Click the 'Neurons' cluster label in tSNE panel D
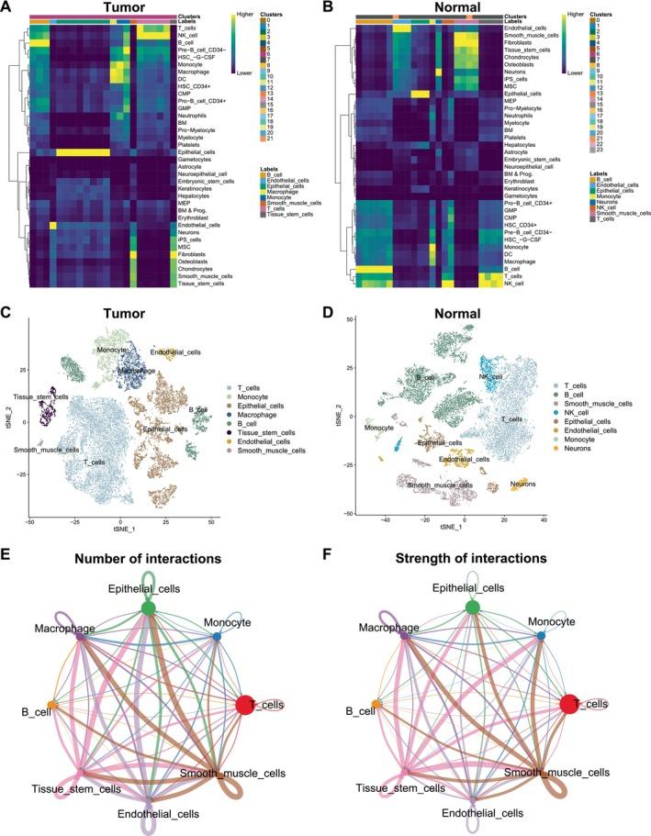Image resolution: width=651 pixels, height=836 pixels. click(x=524, y=483)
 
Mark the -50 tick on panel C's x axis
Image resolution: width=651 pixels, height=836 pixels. click(x=31, y=520)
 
